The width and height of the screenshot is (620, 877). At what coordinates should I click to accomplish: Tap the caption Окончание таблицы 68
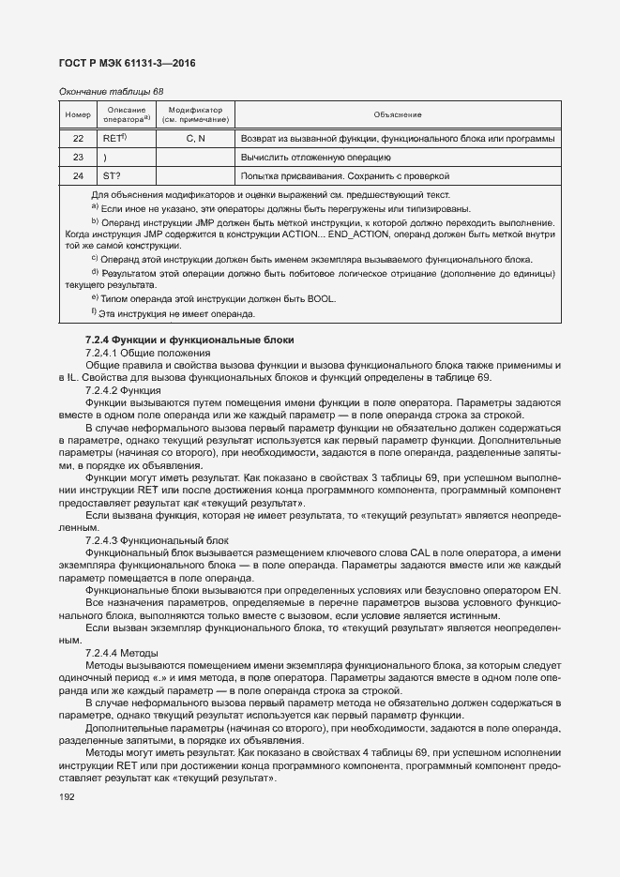(111, 92)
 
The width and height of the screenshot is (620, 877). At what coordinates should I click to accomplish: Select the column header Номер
(77, 114)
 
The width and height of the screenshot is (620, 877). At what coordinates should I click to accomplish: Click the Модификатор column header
(195, 114)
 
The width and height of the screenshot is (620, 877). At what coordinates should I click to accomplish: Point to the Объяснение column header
(398, 114)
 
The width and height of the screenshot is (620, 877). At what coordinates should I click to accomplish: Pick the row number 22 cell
(77, 138)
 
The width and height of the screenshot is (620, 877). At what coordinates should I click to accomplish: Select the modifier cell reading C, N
(195, 138)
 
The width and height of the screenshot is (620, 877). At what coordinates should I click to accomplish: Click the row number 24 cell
(77, 175)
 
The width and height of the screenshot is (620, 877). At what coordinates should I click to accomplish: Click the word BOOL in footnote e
(322, 299)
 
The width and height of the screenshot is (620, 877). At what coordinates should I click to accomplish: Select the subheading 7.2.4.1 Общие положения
(135, 353)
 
